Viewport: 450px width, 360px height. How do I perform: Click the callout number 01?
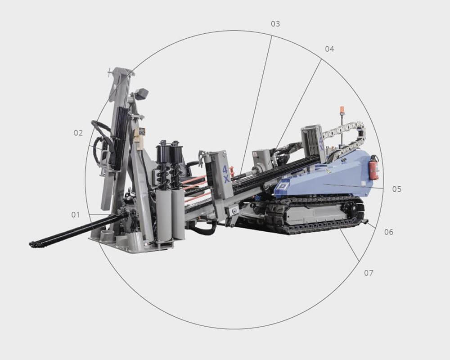(76, 215)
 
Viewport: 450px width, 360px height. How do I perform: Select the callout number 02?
(78, 133)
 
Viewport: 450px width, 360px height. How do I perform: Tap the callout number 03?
(275, 24)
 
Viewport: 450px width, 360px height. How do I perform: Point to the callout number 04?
(329, 49)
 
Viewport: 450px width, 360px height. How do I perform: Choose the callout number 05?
(397, 189)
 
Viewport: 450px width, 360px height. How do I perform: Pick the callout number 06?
(389, 232)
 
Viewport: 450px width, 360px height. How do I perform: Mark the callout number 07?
(369, 273)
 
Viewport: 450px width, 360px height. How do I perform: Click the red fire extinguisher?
(373, 167)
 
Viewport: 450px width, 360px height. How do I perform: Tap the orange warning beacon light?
(342, 110)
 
